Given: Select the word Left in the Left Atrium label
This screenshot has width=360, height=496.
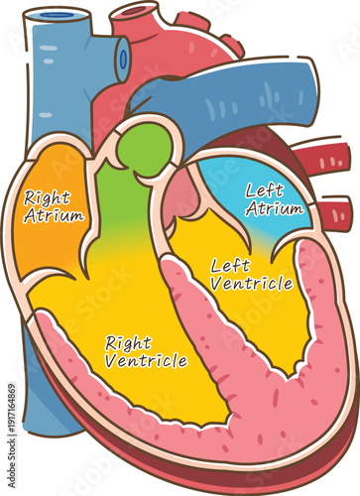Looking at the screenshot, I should click(x=264, y=190).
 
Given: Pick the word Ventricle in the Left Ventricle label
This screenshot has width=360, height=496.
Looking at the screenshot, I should click(x=252, y=284).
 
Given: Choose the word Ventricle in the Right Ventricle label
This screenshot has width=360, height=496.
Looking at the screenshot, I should click(x=147, y=361).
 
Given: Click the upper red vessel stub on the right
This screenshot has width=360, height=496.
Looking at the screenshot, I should click(x=332, y=159).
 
